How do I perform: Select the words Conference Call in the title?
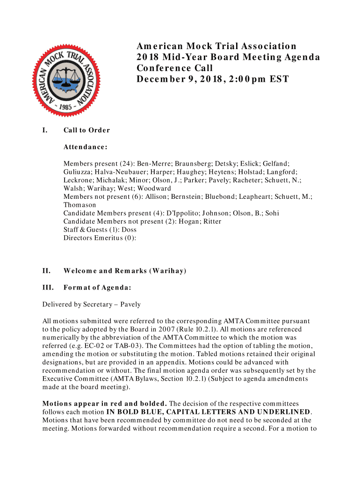175,68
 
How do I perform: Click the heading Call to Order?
87,130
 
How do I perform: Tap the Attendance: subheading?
86,147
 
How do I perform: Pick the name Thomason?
79,205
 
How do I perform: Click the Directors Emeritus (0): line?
100,238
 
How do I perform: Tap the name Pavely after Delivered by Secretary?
130,304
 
